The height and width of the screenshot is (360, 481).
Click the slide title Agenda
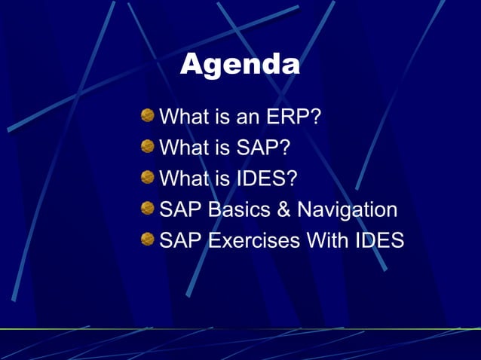pyautogui.click(x=240, y=65)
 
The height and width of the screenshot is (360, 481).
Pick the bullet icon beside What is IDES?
pyautogui.click(x=147, y=178)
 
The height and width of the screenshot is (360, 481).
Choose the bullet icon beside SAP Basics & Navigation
pyautogui.click(x=147, y=209)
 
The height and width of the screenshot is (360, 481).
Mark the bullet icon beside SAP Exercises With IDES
pyautogui.click(x=147, y=239)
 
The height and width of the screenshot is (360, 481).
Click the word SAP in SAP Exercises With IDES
pyautogui.click(x=180, y=241)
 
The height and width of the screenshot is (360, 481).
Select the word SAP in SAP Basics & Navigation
pyautogui.click(x=180, y=210)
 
